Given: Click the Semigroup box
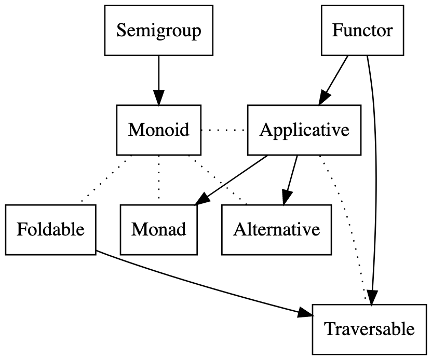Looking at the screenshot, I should tap(158, 31).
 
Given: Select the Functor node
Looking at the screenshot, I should tap(362, 31).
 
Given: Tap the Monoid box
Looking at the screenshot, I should tap(158, 130).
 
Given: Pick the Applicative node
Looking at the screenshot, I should tap(304, 130).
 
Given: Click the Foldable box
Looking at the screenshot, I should tap(50, 229).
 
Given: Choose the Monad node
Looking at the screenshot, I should tap(158, 229).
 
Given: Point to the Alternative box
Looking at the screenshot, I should tap(276, 229).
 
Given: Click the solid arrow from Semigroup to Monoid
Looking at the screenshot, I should tap(158, 78).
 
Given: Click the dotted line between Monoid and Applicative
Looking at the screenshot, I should tap(224, 130).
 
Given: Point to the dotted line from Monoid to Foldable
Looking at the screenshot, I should tap(106, 179).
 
